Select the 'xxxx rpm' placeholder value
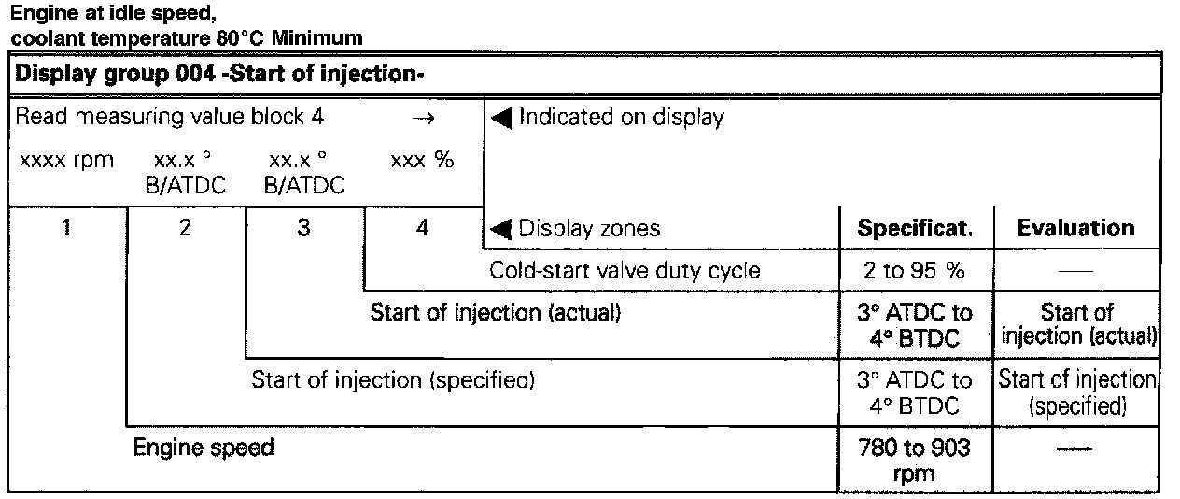[66, 160]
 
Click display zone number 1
[66, 228]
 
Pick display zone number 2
[185, 228]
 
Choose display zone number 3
[303, 228]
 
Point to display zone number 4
[422, 228]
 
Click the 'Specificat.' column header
[914, 229]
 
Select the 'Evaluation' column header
[1075, 229]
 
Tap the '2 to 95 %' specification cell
[914, 271]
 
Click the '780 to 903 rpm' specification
[914, 460]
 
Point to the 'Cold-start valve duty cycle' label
[625, 271]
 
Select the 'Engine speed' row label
[204, 448]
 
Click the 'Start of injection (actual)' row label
[495, 312]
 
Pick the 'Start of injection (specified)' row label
[392, 380]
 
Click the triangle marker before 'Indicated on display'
[500, 119]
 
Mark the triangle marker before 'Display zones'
[500, 229]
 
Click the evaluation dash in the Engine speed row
[1075, 449]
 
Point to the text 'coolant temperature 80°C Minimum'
[187, 38]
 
